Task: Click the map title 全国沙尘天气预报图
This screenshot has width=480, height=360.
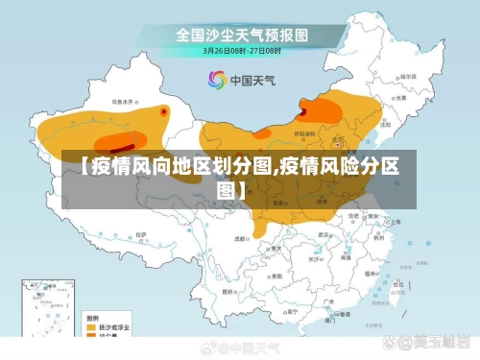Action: click(x=241, y=35)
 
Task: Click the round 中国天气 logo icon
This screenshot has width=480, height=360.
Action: click(x=216, y=81)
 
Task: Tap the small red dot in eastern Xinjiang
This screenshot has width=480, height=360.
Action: click(x=163, y=111)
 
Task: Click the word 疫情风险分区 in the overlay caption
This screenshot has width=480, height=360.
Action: click(x=338, y=169)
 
